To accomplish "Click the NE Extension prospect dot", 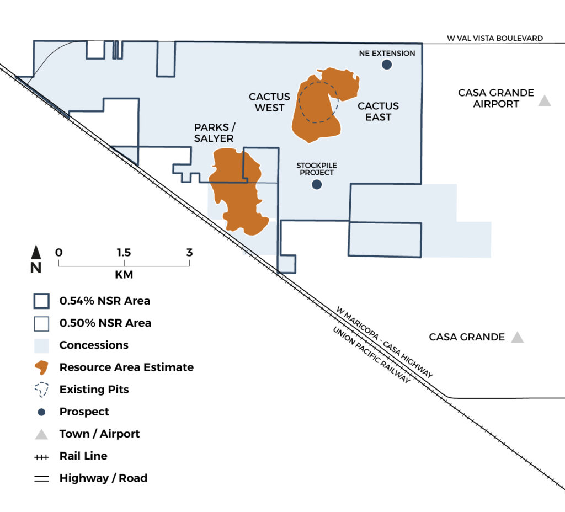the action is [387, 65].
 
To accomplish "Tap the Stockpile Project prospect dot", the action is [317, 184].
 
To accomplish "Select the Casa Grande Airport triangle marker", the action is [545, 100].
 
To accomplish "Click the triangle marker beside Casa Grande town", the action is [518, 337].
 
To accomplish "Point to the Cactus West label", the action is [269, 102].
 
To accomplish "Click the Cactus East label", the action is [378, 111].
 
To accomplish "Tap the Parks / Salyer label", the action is [215, 132].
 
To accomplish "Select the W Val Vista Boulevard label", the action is [495, 38].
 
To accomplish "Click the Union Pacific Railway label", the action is [371, 355].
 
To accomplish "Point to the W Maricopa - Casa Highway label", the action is [384, 342].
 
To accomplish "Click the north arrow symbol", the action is [36, 252].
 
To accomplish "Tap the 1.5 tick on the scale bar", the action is [124, 263].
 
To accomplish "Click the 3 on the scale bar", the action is [190, 252].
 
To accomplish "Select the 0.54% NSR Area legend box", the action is [41, 301].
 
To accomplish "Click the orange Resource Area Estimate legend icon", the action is [41, 367].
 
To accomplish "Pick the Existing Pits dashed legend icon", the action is [41, 390].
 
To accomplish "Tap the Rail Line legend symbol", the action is [41, 457].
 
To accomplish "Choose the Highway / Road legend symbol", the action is [41, 478].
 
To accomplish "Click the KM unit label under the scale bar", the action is [124, 275].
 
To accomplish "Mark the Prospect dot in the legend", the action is [41, 412].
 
